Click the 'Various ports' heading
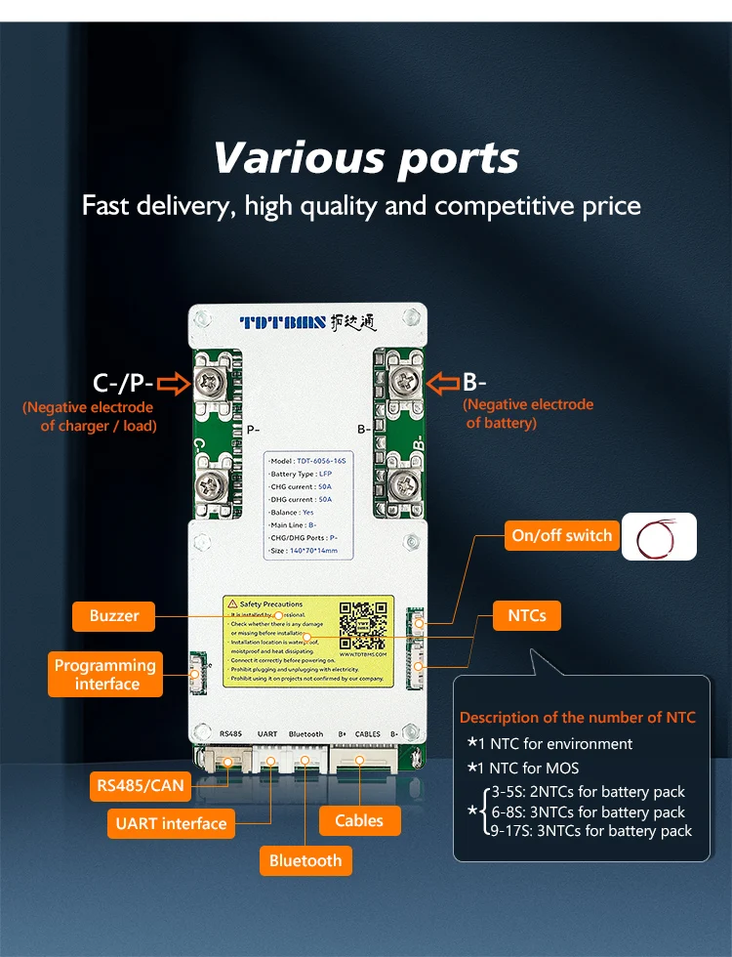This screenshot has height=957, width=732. (366, 158)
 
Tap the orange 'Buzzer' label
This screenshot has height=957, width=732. (114, 616)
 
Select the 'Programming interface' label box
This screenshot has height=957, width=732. (104, 675)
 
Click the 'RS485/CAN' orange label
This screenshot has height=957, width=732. (140, 785)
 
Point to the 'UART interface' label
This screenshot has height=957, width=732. (171, 823)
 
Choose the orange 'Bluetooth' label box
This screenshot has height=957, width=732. (305, 860)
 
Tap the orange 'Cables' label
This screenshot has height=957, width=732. (359, 820)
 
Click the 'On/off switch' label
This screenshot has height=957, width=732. (561, 535)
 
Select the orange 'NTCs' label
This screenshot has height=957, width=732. (526, 615)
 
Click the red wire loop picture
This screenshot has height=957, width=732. (660, 536)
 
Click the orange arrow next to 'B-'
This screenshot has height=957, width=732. (444, 382)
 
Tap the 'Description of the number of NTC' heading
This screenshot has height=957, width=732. (578, 718)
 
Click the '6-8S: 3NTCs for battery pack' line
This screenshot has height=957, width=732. (585, 811)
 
